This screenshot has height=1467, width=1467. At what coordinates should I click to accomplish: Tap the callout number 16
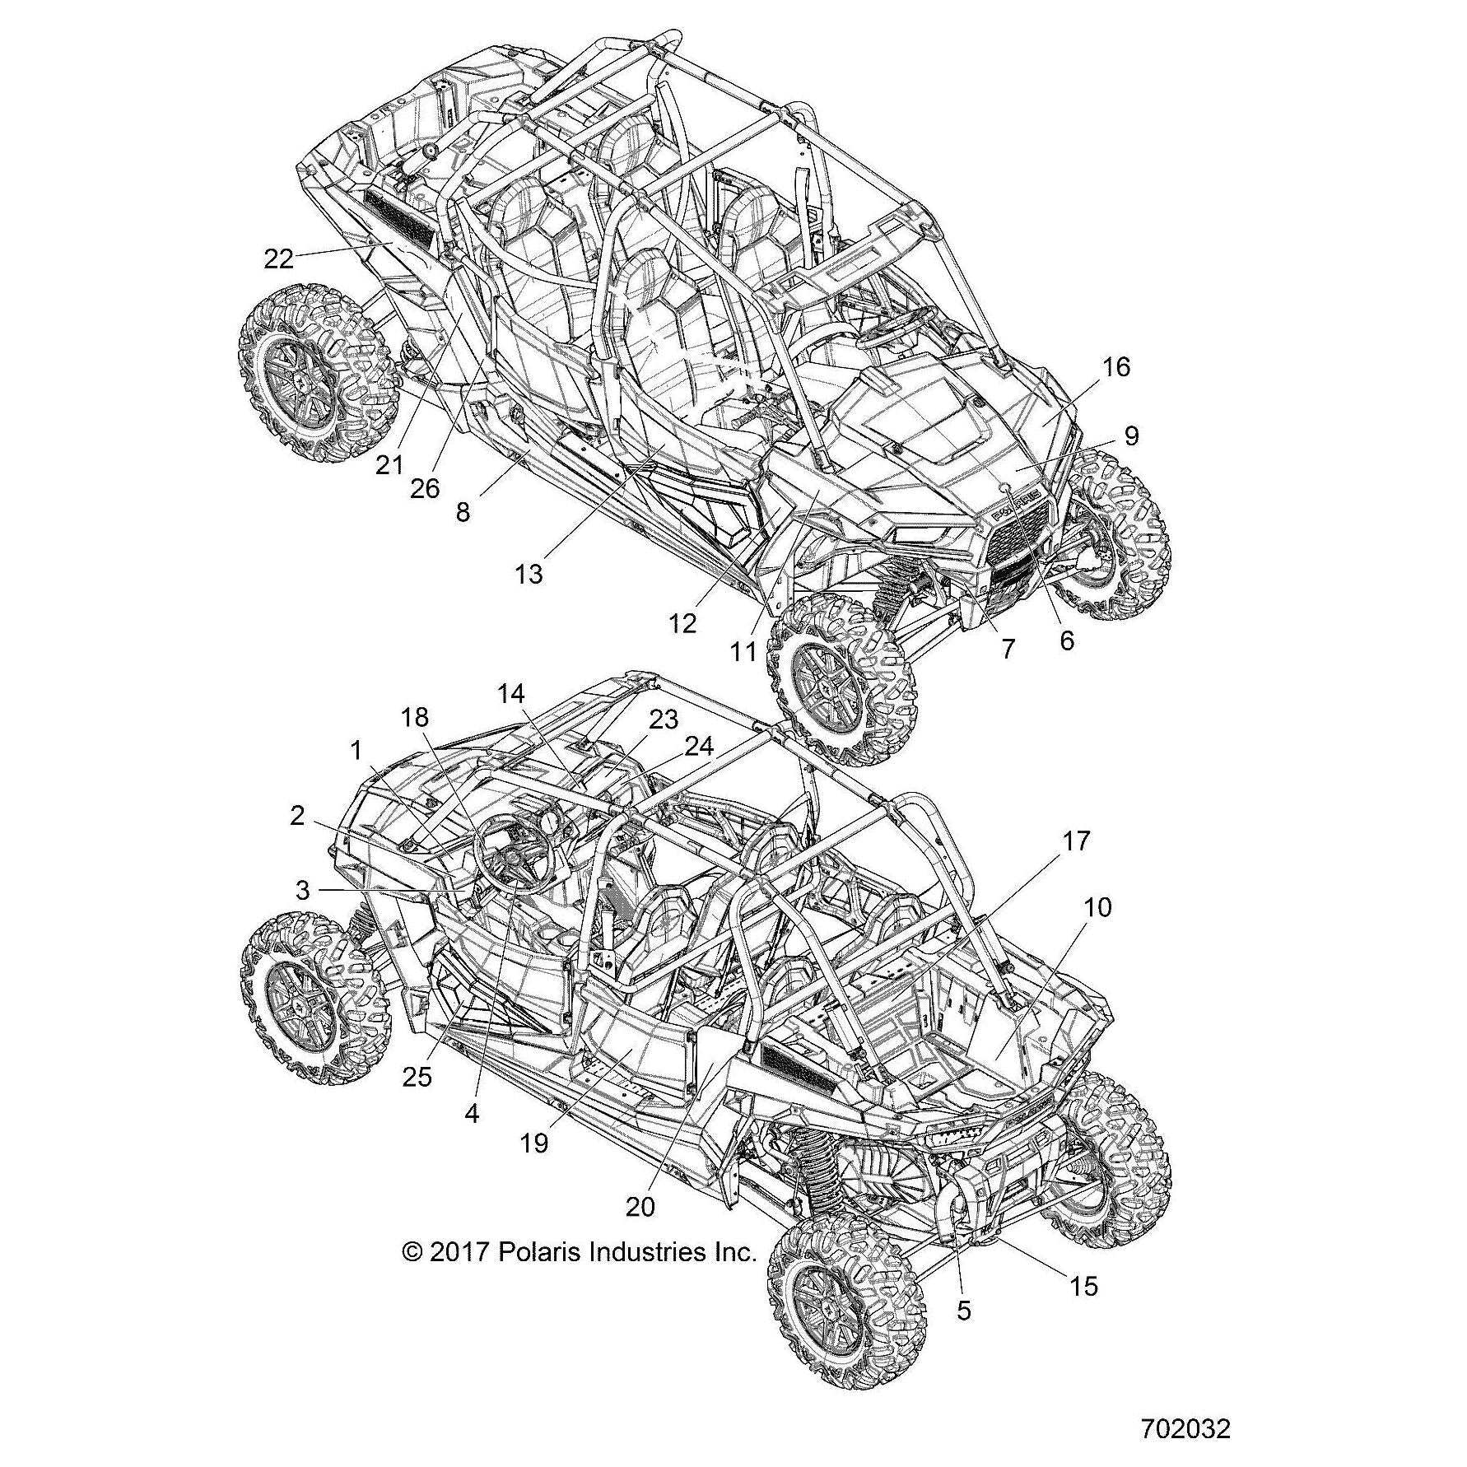coord(1116,367)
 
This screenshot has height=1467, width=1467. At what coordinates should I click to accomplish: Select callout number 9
coord(1131,435)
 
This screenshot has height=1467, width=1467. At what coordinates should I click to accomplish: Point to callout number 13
coord(529,574)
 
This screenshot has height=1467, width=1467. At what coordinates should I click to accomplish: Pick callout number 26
coord(425,489)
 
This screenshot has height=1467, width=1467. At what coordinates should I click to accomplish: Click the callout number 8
coord(463,512)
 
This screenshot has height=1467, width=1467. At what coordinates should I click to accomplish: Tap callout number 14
coord(510,694)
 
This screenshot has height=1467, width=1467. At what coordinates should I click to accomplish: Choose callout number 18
coord(415,718)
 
